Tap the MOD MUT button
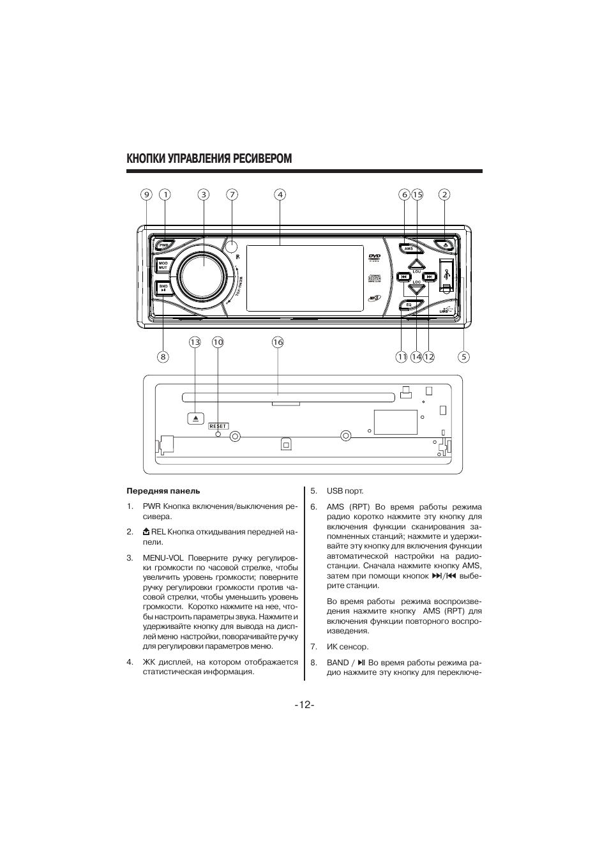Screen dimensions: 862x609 click(x=163, y=265)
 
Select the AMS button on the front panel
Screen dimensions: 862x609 click(x=409, y=248)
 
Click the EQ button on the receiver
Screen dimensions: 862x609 click(x=409, y=305)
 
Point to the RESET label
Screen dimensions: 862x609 click(x=218, y=426)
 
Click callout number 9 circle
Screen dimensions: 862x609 click(x=146, y=195)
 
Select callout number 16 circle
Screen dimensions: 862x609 click(x=278, y=342)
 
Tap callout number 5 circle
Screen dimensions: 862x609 click(x=464, y=357)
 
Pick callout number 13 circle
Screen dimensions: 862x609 click(x=195, y=342)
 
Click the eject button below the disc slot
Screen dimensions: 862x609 click(x=195, y=418)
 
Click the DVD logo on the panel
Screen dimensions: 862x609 click(x=374, y=257)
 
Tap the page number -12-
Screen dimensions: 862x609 click(x=304, y=705)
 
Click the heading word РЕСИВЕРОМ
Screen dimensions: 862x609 click(x=261, y=158)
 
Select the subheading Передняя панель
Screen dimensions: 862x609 click(x=163, y=491)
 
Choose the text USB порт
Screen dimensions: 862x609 click(x=345, y=491)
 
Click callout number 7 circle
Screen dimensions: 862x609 click(x=232, y=195)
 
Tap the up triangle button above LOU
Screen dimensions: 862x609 click(x=416, y=263)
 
